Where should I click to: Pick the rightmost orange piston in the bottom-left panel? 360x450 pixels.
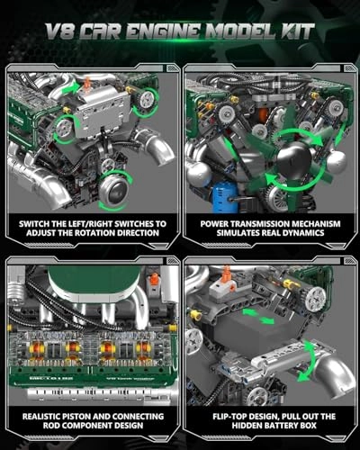click(x=141, y=346)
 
